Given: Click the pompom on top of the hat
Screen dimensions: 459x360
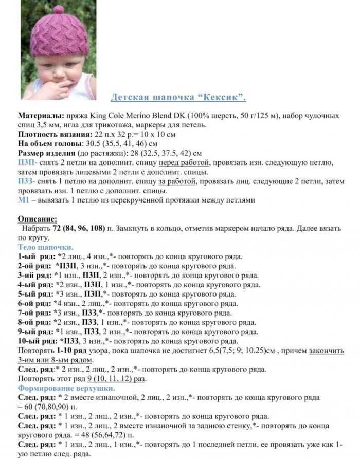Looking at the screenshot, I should (x=58, y=9).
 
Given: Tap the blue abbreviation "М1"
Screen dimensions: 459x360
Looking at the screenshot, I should (x=24, y=200).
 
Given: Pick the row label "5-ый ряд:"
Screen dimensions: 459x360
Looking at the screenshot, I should (x=35, y=294).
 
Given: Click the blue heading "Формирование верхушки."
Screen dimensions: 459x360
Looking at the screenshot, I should (x=66, y=388).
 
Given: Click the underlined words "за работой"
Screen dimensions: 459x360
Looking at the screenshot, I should (x=177, y=181).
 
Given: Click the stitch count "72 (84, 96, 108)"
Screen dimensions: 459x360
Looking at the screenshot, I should (x=79, y=228).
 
